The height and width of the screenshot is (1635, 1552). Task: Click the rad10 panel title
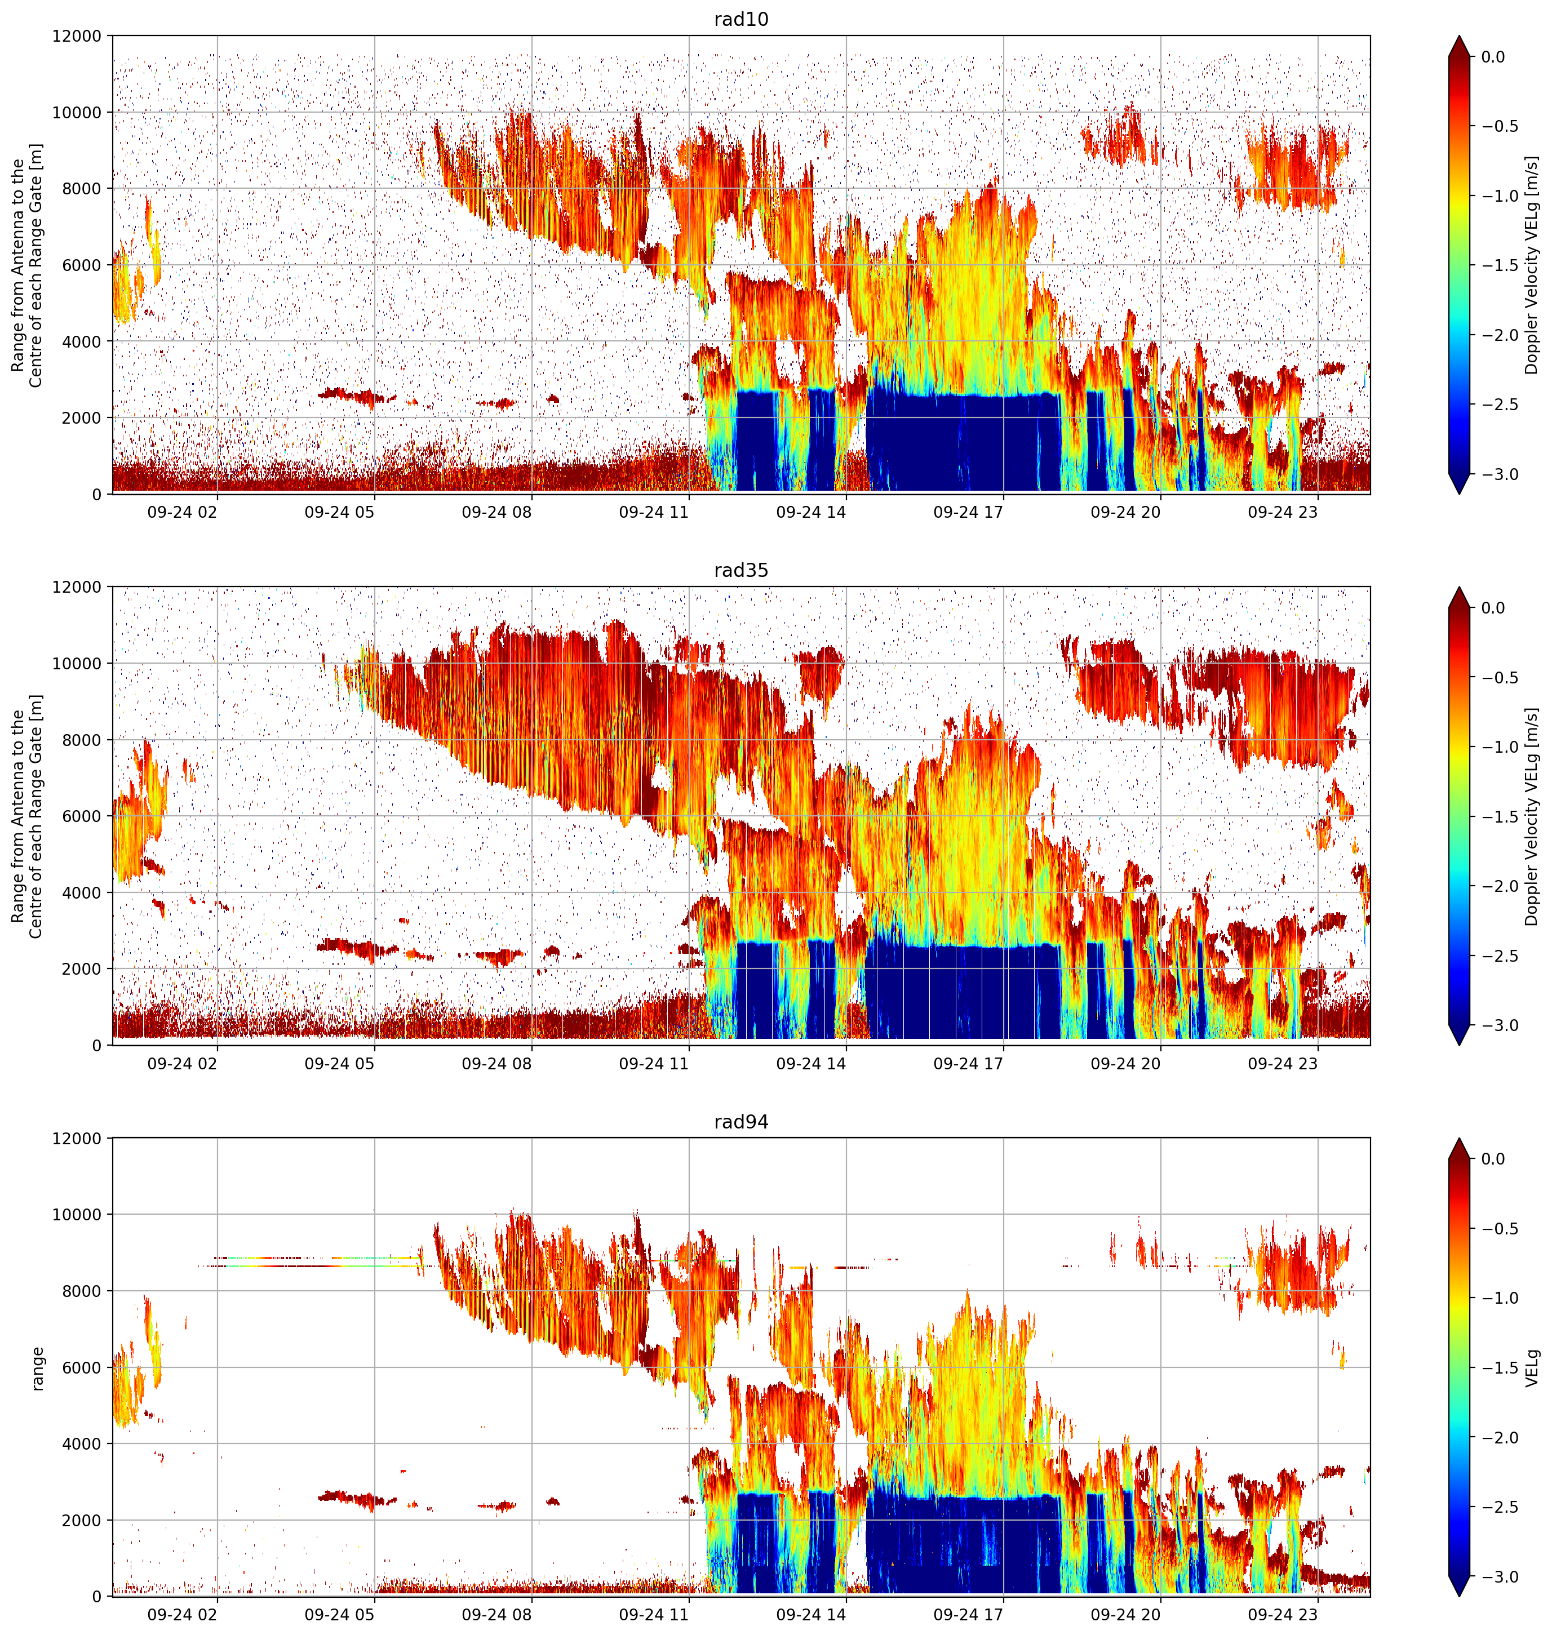pyautogui.click(x=740, y=19)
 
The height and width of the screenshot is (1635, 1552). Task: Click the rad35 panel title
pyautogui.click(x=740, y=571)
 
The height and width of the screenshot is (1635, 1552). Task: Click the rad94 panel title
pyautogui.click(x=740, y=1122)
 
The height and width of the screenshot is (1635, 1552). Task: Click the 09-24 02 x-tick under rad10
pyautogui.click(x=182, y=513)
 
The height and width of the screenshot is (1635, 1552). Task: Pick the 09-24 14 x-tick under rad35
pyautogui.click(x=811, y=1064)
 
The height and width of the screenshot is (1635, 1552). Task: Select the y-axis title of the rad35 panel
pyautogui.click(x=26, y=816)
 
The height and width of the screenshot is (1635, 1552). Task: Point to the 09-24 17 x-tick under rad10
pyautogui.click(x=968, y=513)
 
